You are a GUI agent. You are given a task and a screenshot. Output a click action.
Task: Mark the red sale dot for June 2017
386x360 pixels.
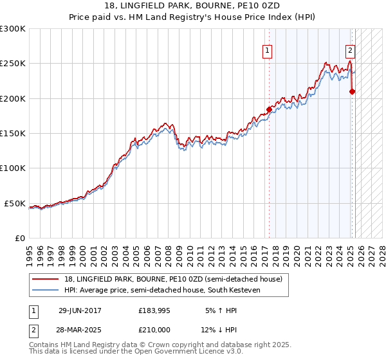point(269,109)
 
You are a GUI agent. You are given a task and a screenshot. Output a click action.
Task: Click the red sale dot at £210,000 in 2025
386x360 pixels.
point(352,91)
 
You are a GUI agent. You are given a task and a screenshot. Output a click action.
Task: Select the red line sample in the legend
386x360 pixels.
point(46,279)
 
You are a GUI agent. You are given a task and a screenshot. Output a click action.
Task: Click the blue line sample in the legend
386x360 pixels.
point(46,290)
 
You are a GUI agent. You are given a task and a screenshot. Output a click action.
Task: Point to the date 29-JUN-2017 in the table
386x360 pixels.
point(80,310)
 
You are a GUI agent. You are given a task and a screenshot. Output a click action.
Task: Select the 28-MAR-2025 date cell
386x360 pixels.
point(80,329)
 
